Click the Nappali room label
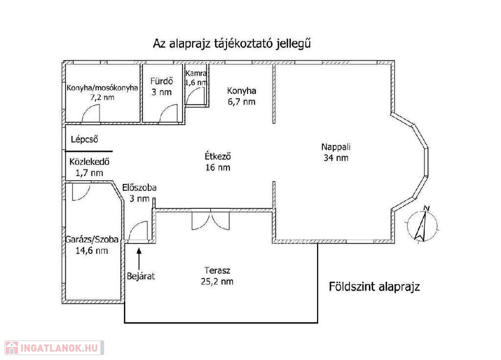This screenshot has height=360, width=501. click(336, 147)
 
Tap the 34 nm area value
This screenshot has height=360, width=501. click(336, 158)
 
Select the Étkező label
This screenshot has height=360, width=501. click(218, 156)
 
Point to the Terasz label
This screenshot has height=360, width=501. click(217, 270)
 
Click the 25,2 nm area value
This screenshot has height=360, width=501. click(217, 281)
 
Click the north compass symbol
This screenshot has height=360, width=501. click(422, 225)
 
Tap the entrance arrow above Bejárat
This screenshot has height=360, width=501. click(139, 259)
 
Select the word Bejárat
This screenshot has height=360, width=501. click(141, 276)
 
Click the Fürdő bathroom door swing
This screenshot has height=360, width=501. click(168, 113)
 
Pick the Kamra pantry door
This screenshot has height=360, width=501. click(195, 96)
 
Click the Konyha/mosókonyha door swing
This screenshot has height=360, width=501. click(91, 113)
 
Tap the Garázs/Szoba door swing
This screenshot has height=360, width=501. click(81, 192)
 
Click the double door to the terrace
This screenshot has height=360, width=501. click(210, 220)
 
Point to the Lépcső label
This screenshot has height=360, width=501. click(84, 139)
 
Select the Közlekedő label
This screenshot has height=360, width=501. click(90, 161)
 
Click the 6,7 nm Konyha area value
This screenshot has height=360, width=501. click(242, 102)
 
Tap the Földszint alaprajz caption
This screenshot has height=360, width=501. click(374, 287)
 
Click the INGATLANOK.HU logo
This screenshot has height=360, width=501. click(54, 348)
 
